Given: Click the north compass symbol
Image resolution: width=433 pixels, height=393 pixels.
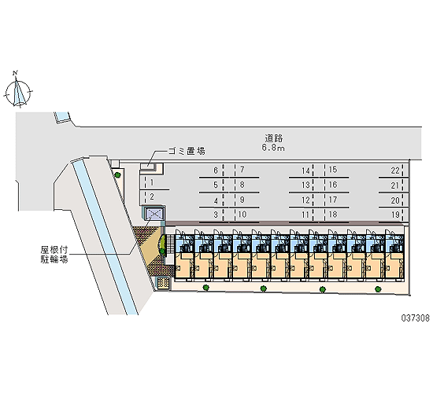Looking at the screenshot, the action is point(18,90).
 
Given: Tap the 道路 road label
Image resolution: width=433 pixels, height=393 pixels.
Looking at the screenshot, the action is point(274,138).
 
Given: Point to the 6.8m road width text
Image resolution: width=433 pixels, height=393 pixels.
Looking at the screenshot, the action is point(273,148).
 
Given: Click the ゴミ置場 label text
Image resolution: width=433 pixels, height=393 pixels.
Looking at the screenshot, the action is point(187,151).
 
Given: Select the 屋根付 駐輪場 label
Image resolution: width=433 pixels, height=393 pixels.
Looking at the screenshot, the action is point(54,255).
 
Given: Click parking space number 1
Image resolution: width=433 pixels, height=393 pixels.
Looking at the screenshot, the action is point(152,182).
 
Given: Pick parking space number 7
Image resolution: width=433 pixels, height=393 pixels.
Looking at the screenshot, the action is point(242,169).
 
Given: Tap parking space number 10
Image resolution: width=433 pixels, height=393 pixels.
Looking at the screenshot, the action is point(242,215).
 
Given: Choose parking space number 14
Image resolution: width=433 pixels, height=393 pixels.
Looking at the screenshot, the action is point(305,171).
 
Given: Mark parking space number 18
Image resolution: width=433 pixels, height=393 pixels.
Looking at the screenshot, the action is point(333,215).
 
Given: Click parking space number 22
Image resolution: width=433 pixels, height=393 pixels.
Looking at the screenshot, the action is point(395,171).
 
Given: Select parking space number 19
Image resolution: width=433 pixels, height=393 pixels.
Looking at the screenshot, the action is point(395,215).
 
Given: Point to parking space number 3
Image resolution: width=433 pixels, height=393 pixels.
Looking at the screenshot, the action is point(216,215).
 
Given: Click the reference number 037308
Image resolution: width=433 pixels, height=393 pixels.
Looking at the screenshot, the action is point(416,318).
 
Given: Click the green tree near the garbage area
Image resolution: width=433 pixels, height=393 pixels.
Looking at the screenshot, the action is point(118,174).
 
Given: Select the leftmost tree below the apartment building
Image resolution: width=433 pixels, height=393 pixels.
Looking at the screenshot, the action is point(205,288).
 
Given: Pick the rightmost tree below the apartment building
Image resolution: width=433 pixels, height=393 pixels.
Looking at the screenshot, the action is point(378,288).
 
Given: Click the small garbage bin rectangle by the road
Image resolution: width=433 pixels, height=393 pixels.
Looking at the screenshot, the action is point(148,167).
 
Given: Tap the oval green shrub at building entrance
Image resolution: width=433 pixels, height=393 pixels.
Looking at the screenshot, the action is point(162,245).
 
